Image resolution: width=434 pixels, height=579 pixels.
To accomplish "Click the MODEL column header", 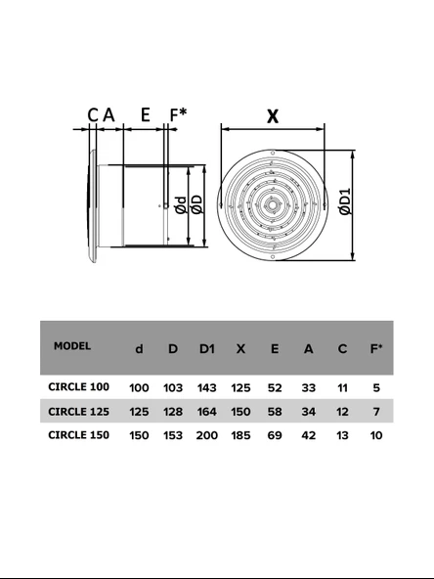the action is coord(72,346).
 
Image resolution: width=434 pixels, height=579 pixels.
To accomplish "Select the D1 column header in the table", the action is coord(206,348).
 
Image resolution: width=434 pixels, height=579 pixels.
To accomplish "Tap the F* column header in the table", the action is coord(376,348).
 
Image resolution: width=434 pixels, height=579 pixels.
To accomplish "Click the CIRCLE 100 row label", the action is coord(78,386).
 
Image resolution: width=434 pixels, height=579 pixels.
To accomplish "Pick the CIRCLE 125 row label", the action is coord(78,412).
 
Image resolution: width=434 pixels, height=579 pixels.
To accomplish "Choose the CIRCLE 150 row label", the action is coord(78,434).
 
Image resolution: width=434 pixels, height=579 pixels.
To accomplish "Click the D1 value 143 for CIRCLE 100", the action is coord(206,387).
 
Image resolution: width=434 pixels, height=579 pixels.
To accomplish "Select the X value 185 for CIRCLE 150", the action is coord(240,435).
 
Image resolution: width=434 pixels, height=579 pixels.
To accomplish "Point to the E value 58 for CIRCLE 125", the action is coord(275,412).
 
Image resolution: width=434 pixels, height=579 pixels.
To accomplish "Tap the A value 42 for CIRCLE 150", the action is coord(309,435).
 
